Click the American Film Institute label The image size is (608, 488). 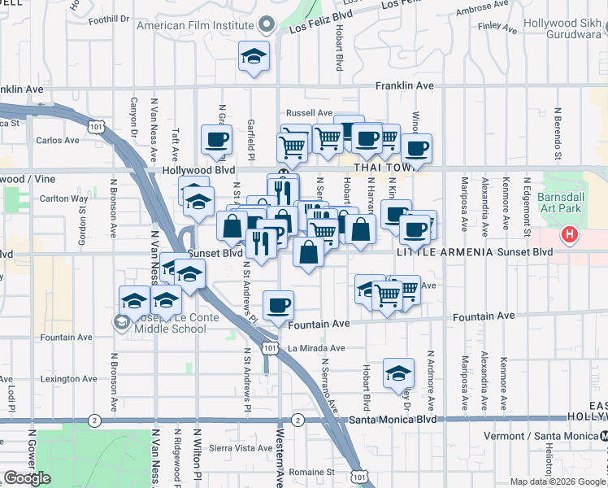(x=195, y=25)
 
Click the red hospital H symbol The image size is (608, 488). (x=571, y=236)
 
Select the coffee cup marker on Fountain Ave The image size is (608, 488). (x=279, y=306)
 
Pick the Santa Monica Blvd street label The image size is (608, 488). (x=393, y=420)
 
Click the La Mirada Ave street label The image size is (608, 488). (x=316, y=348)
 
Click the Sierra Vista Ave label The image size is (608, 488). (x=241, y=447)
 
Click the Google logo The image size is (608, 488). (x=27, y=477)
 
